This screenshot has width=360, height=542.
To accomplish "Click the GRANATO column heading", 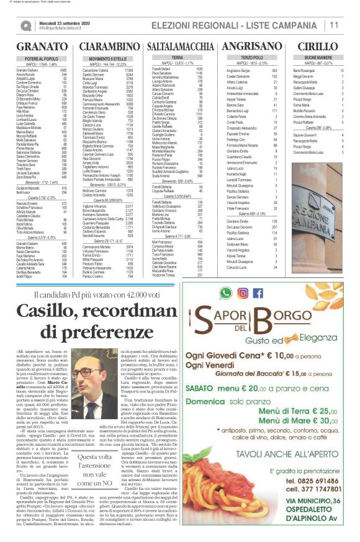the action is pyautogui.click(x=42, y=47).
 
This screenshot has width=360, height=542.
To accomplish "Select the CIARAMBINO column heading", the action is pyautogui.click(x=109, y=47).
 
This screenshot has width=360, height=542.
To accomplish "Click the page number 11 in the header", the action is pyautogui.click(x=333, y=25).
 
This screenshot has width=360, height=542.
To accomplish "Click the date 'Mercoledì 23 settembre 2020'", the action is pyautogui.click(x=66, y=22).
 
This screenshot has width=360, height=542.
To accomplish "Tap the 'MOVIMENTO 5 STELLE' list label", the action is pyautogui.click(x=108, y=58).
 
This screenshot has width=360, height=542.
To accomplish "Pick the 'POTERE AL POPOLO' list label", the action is pyautogui.click(x=42, y=58).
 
